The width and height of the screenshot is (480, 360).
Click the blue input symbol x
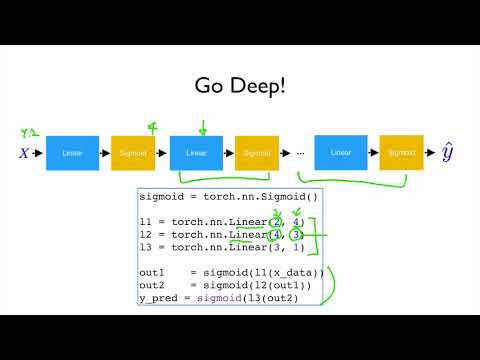[x=23, y=155]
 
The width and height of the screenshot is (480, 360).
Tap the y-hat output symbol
[x=449, y=154]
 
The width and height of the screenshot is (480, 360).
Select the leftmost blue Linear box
[x=73, y=154]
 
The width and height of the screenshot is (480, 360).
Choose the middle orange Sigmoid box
[x=258, y=154]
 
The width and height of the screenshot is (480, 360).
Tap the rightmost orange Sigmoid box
[x=402, y=154]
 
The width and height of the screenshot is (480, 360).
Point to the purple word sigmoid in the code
[x=226, y=298]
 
